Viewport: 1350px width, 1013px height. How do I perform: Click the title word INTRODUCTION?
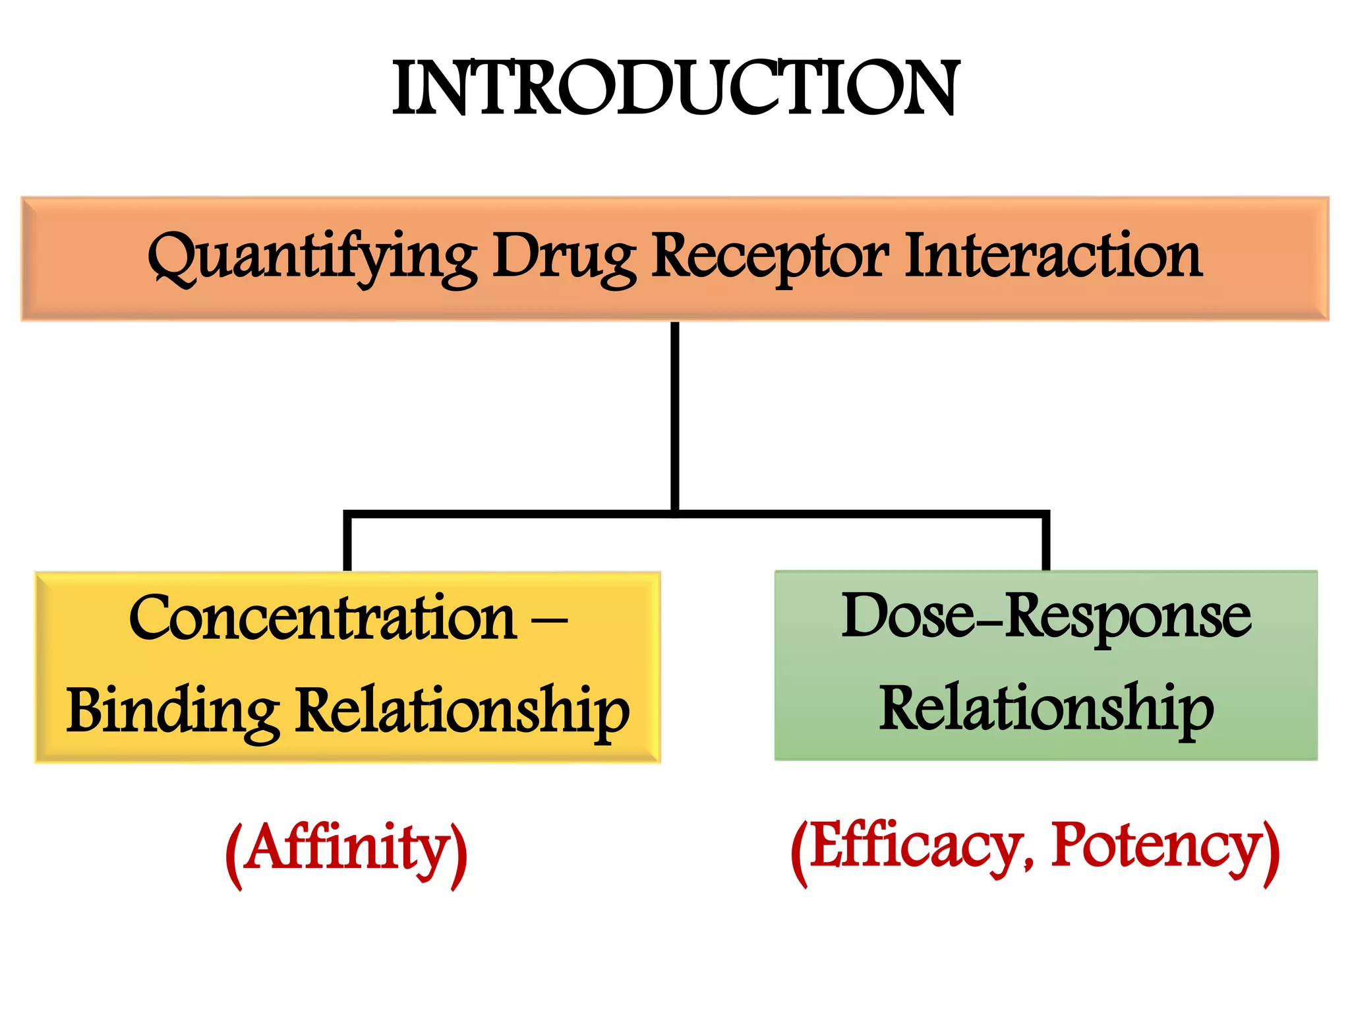pos(675,88)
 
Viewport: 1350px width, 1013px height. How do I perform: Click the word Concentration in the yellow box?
pos(322,618)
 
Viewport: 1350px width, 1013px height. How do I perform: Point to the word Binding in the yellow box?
pos(172,712)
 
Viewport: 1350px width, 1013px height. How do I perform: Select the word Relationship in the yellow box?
pos(461,712)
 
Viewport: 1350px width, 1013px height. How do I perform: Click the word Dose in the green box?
pos(906,616)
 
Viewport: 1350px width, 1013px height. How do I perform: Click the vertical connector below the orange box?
pos(675,415)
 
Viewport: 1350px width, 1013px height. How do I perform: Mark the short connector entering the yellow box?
pos(347,543)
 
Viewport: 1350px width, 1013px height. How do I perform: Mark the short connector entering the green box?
pos(1045,543)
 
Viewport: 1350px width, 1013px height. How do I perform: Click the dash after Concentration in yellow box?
pos(548,621)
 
